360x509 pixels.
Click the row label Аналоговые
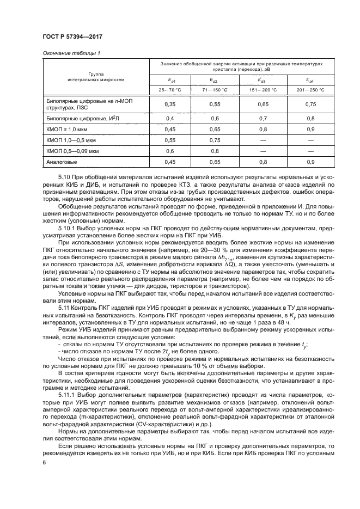click(x=62, y=162)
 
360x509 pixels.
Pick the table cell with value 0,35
click(x=169, y=103)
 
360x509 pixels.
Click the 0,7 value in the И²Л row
click(x=263, y=118)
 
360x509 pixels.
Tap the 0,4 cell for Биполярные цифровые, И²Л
click(x=169, y=118)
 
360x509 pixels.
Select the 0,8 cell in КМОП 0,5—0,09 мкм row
click(x=216, y=151)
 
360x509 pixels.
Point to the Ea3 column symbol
click(x=263, y=79)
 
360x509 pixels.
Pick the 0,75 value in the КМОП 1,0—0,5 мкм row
click(x=216, y=140)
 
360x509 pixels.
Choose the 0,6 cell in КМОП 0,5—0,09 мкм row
click(x=169, y=151)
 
